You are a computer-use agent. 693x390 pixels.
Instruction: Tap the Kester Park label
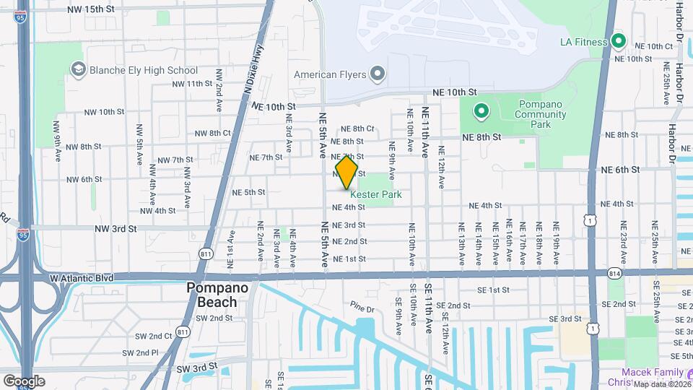pos(375,195)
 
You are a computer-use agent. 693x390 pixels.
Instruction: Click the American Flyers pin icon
pos(377,74)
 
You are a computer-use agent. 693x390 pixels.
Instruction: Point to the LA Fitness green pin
pos(618,41)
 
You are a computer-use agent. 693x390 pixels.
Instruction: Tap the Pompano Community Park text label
pos(541,114)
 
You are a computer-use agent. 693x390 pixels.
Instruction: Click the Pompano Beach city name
pos(217,294)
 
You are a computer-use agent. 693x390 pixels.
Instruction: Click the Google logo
pos(24,381)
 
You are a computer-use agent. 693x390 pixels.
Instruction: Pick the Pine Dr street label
pos(362,308)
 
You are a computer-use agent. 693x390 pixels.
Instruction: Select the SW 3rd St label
pos(198,368)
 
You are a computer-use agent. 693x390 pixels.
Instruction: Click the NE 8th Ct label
pos(359,129)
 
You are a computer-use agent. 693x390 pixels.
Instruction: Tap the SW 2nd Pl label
pos(140,352)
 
